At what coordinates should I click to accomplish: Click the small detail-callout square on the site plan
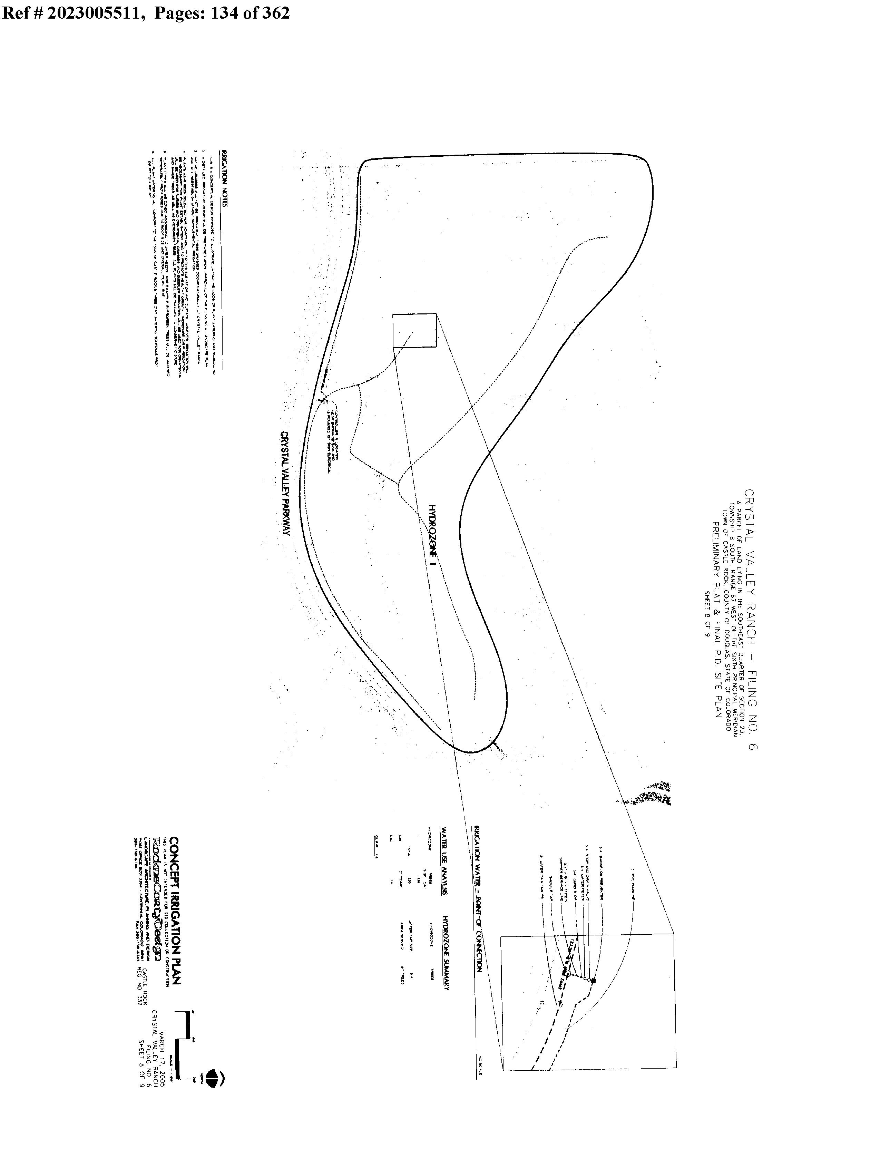click(414, 330)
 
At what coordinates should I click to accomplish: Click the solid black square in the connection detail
click(593, 981)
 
